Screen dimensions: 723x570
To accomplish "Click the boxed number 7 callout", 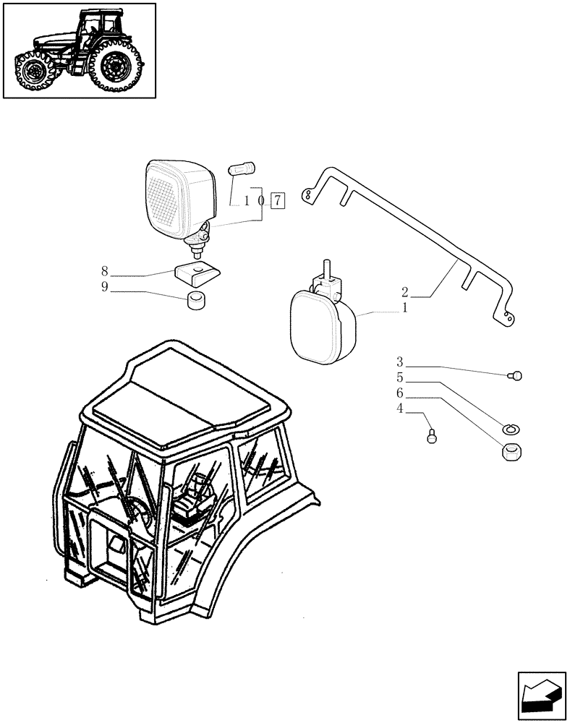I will click(278, 200).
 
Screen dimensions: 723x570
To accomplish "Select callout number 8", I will click(105, 272).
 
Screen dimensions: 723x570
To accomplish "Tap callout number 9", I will click(105, 288).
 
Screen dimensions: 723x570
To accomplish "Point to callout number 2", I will click(405, 293).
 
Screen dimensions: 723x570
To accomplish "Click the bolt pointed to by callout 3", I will click(516, 375).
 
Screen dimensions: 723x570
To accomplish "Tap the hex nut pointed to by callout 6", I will click(512, 451).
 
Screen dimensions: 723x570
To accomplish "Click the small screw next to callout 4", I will click(433, 436).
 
